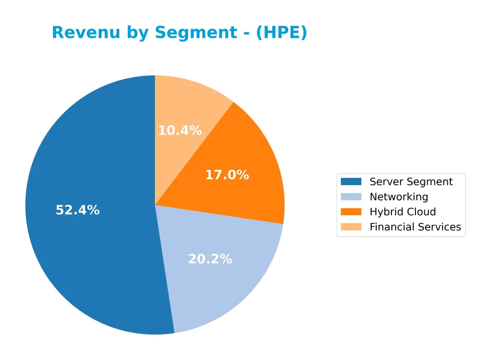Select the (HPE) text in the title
281,33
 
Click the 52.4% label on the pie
78,210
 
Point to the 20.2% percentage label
210,259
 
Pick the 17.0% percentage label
227,175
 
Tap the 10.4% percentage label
180,131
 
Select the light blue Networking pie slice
226,285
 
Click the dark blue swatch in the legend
351,182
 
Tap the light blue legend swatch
351,197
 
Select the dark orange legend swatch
351,212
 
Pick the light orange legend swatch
351,227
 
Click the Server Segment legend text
411,182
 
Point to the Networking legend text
399,197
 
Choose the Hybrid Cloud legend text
403,212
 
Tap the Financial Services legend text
415,227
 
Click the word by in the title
134,33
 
